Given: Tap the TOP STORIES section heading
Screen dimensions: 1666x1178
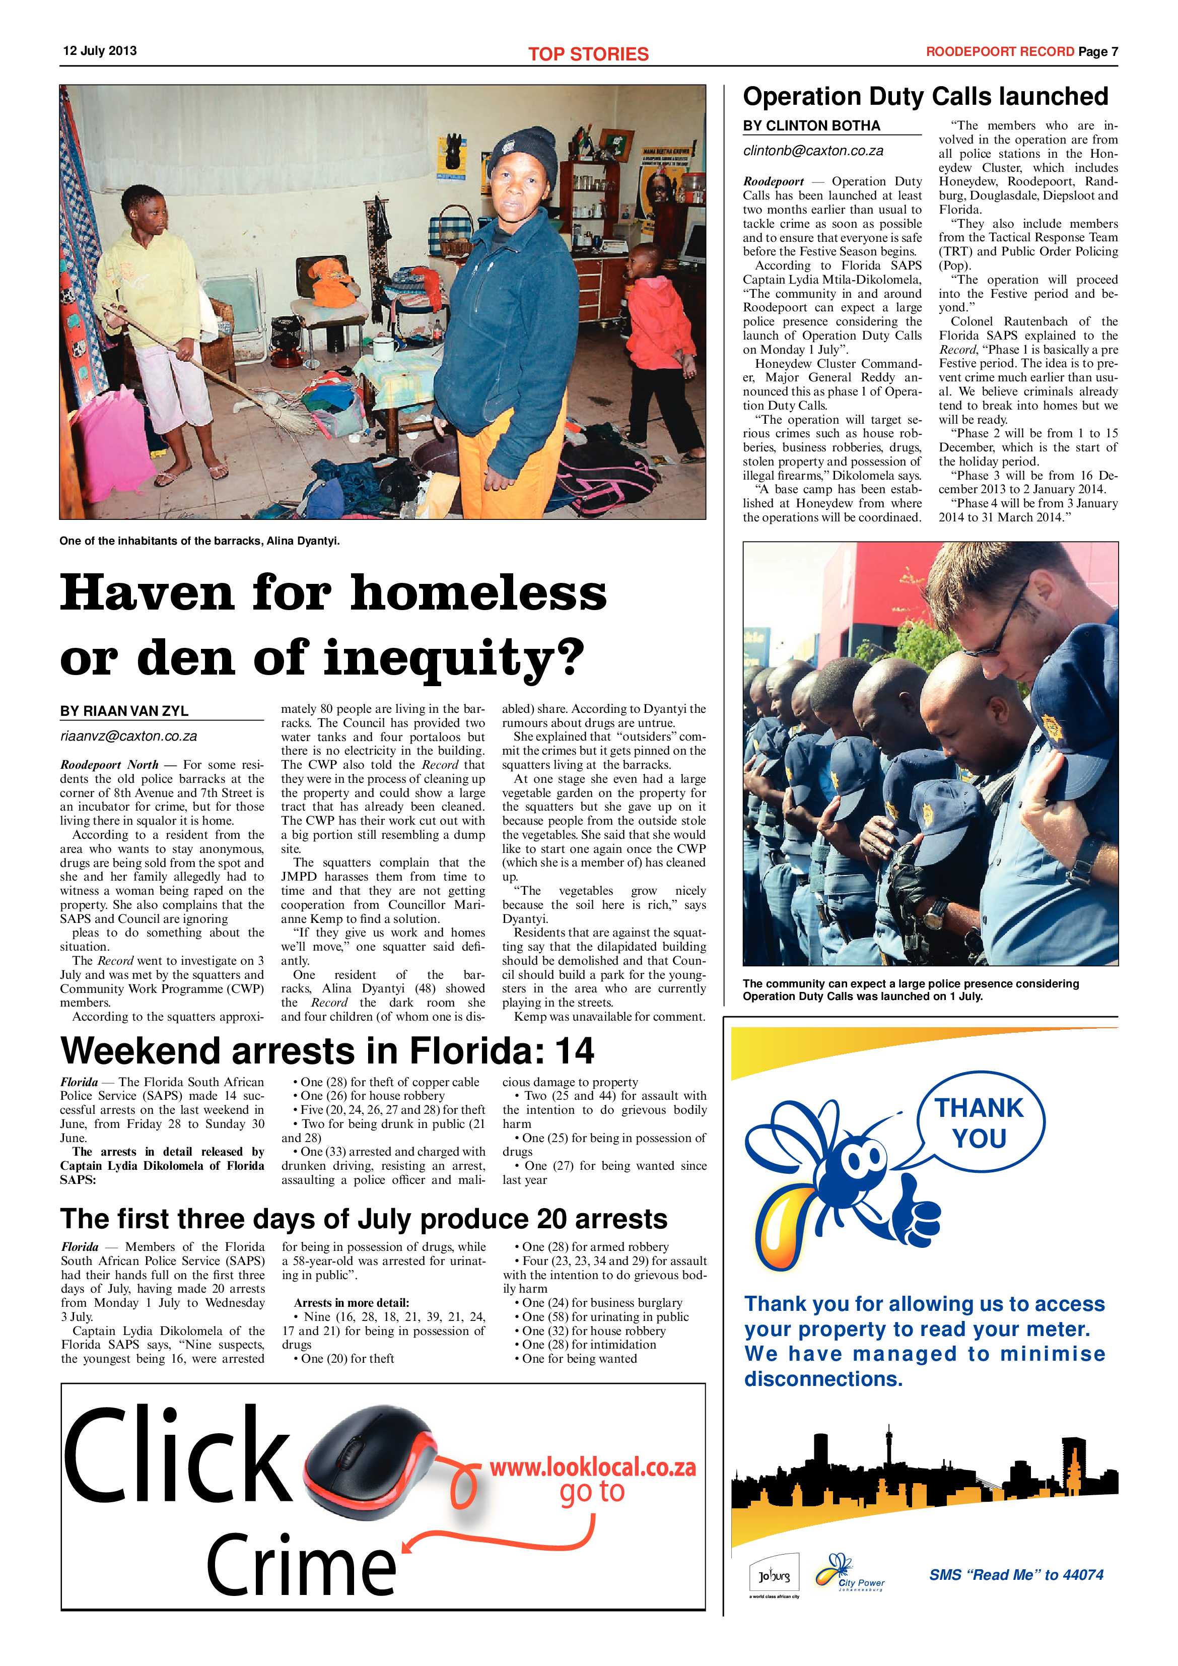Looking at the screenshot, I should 588,54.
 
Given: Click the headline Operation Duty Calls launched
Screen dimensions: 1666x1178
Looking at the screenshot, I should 926,97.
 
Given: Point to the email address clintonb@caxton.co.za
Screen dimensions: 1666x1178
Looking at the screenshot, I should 813,151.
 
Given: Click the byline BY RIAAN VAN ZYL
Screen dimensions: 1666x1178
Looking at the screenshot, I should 124,711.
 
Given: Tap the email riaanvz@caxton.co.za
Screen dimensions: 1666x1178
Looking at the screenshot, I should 128,736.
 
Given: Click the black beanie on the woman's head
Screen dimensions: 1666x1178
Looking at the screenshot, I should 522,150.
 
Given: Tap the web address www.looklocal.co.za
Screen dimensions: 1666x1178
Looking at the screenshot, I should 593,1467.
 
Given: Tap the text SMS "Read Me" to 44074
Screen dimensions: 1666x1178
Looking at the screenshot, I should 1016,1575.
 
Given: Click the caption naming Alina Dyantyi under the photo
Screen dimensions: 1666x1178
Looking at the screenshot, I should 199,541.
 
